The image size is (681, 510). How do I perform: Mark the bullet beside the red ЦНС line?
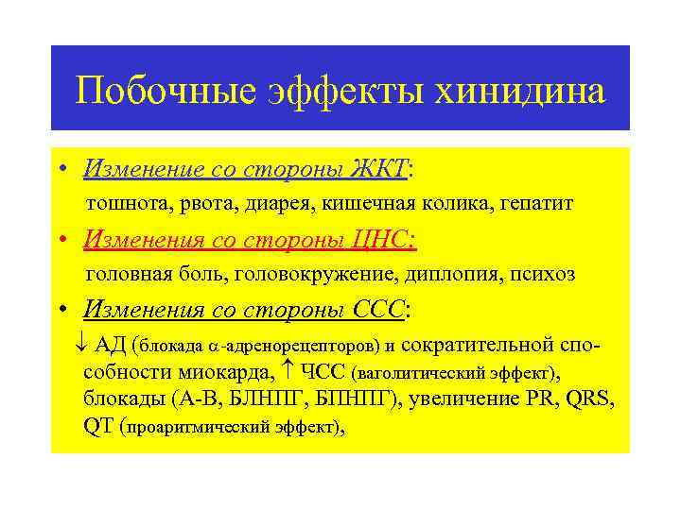(61, 241)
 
